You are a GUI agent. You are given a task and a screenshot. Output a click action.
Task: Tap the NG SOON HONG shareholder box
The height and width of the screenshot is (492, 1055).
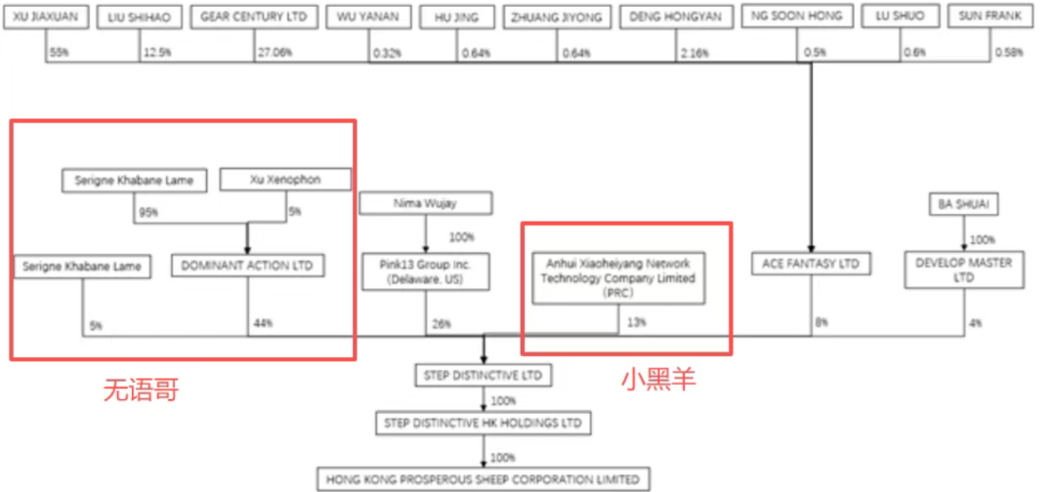click(x=812, y=17)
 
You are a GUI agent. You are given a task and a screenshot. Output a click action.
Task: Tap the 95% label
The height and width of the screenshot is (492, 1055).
click(x=148, y=211)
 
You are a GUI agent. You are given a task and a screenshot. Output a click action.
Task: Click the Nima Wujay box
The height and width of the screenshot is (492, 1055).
click(x=426, y=203)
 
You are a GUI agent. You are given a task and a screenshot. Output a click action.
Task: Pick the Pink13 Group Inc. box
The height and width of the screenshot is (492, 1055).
click(x=426, y=272)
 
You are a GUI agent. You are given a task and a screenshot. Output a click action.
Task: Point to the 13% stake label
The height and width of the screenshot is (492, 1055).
click(x=637, y=322)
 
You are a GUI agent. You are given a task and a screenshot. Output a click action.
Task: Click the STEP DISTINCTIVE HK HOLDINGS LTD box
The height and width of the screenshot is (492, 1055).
click(x=484, y=423)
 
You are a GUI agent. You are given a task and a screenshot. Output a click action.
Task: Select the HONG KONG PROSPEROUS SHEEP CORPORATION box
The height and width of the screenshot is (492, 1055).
click(x=484, y=479)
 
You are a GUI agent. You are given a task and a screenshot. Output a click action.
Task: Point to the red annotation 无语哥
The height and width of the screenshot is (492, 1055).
click(x=142, y=391)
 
